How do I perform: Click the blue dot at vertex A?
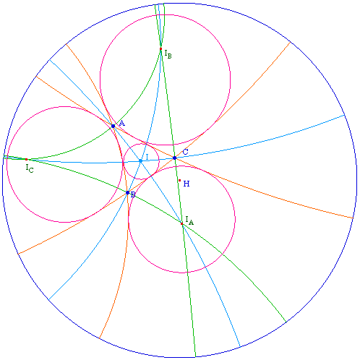[113, 126]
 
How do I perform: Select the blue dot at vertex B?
[128, 193]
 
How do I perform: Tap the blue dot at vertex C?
[174, 158]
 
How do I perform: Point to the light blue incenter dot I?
[141, 160]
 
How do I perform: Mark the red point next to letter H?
[179, 180]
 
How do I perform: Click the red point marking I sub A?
[181, 224]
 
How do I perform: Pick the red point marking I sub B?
[160, 49]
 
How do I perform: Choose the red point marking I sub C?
[26, 159]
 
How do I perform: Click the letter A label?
[122, 124]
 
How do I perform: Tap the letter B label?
[133, 194]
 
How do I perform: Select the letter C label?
[185, 152]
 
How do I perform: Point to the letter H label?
[187, 184]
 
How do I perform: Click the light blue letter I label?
[147, 158]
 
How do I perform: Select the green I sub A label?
[189, 220]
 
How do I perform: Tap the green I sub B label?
[168, 54]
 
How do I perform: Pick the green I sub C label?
[30, 168]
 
